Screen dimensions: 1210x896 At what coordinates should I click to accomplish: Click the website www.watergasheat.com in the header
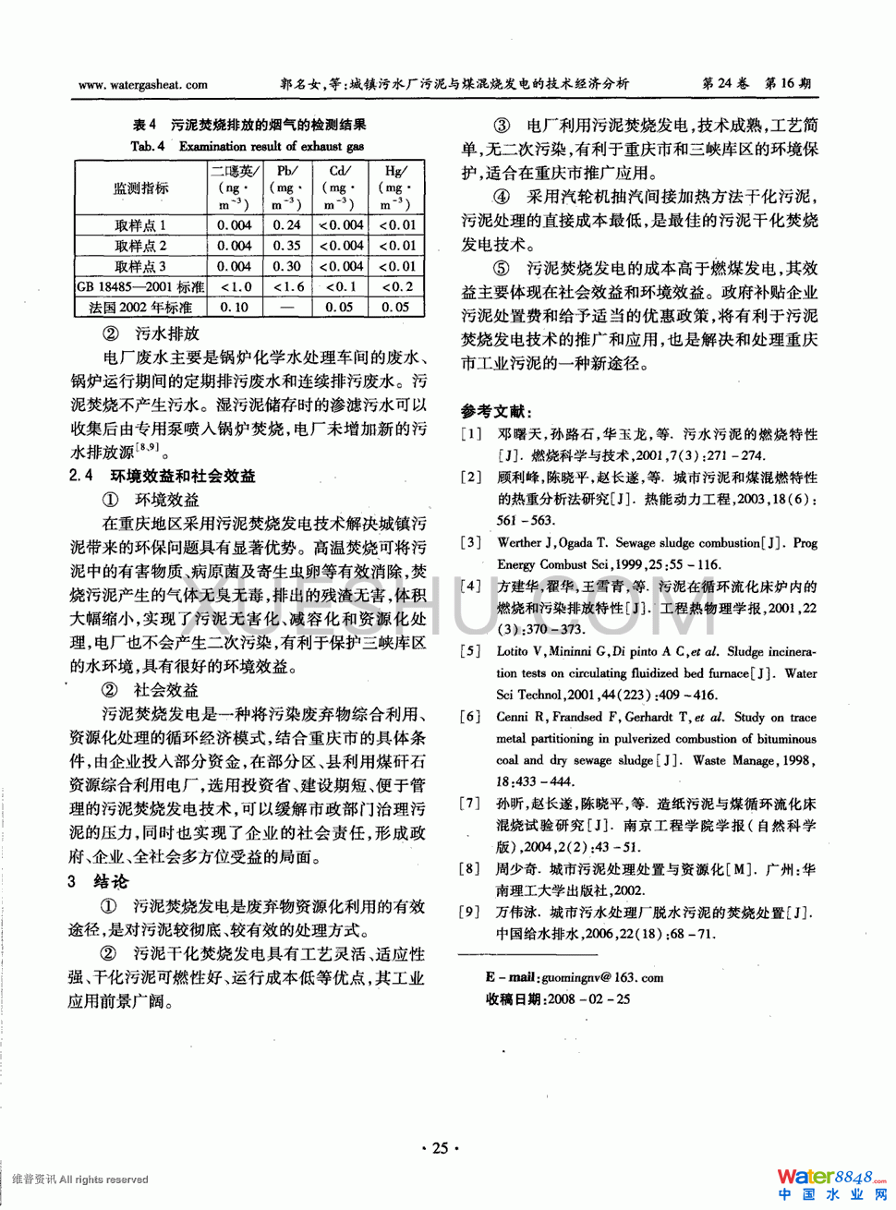click(143, 85)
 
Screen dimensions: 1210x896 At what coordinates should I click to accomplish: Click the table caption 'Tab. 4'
click(148, 146)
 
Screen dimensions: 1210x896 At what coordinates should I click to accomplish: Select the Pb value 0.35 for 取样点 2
click(286, 246)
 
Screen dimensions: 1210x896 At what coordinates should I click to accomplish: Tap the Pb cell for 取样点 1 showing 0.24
click(286, 224)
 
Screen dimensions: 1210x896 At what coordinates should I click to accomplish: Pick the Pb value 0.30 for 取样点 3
click(286, 266)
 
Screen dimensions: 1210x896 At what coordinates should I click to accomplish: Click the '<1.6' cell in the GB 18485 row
click(287, 286)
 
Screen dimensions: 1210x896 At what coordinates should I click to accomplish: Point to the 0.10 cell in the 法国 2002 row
click(235, 307)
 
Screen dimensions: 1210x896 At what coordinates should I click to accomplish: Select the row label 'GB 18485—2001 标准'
click(140, 286)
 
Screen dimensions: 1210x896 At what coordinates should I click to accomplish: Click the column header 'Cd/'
click(340, 171)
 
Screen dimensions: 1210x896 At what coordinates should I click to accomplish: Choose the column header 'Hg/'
click(395, 171)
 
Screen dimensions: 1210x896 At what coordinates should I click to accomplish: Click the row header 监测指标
click(140, 188)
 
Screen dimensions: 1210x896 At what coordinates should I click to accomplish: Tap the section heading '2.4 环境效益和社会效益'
click(163, 476)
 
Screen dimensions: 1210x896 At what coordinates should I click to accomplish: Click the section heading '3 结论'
click(98, 881)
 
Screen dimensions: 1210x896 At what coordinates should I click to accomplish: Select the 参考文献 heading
click(496, 411)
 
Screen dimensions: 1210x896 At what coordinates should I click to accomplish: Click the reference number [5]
click(471, 651)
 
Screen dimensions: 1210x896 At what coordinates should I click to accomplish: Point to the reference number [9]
click(471, 912)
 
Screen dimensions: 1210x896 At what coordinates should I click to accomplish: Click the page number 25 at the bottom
click(440, 1148)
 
